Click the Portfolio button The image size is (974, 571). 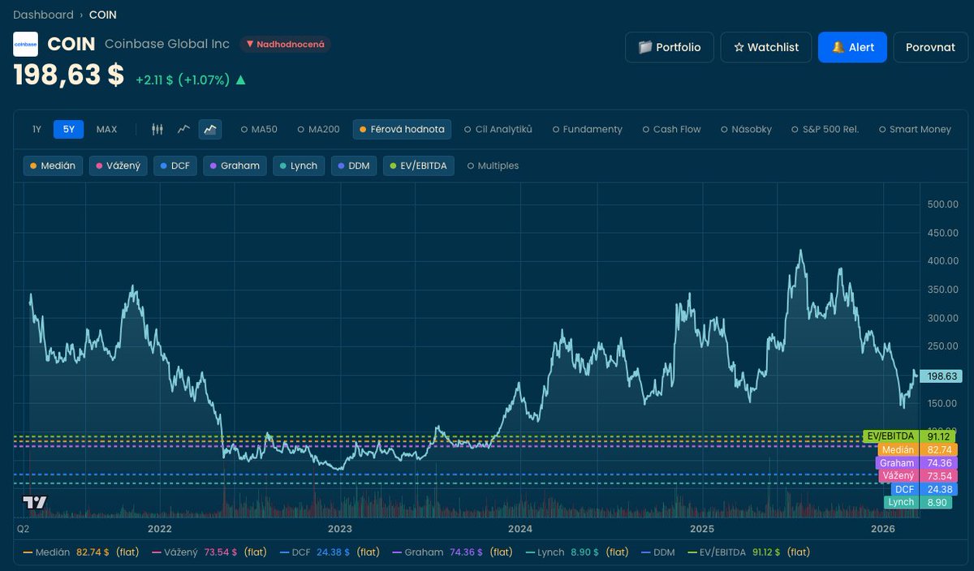pos(669,47)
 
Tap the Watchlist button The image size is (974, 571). pos(765,47)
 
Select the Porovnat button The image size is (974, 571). pos(930,47)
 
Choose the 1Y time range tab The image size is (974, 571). pos(37,129)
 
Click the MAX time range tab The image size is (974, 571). pos(106,129)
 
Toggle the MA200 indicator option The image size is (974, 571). pos(318,129)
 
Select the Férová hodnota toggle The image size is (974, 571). pos(401,129)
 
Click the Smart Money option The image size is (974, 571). pos(915,129)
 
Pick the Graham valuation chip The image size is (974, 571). pos(235,165)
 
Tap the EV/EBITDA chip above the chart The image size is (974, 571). pos(418,165)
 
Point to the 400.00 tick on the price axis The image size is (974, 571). pos(942,261)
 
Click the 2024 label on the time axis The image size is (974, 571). pos(519,529)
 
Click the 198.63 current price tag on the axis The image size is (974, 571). pos(940,376)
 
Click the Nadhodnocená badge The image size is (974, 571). pos(285,44)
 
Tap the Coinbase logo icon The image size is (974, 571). pos(25,44)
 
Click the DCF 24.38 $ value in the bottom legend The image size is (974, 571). pos(333,552)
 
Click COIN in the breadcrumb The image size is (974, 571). pos(102,15)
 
